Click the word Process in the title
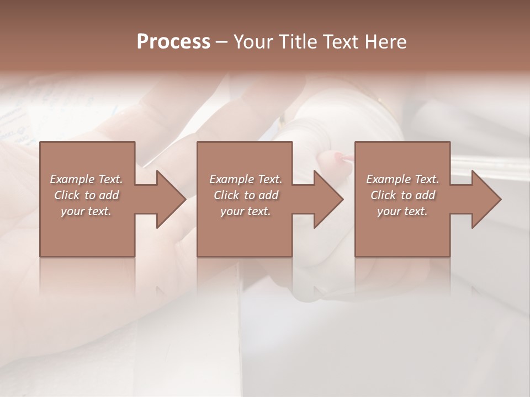point(173,41)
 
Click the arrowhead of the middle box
point(328,199)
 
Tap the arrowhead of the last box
point(486,199)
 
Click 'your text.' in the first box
point(86,211)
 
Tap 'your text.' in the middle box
point(245,211)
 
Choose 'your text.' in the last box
point(402,211)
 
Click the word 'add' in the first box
point(109,195)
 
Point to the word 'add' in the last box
point(426,195)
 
